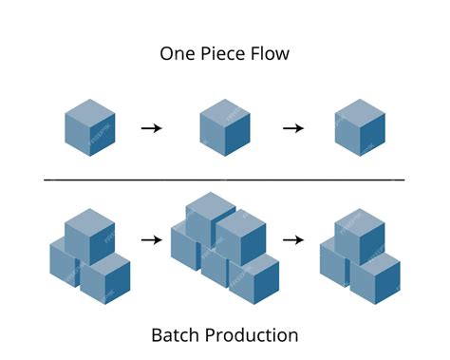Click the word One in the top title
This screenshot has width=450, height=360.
tap(178, 54)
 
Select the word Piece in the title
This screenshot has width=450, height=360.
tap(225, 54)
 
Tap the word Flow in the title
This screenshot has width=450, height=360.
tap(271, 54)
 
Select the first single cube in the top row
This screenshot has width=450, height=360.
tap(90, 129)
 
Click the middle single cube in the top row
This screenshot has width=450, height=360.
tap(225, 129)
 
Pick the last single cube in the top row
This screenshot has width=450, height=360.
tap(361, 129)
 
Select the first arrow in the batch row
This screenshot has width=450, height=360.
tap(151, 240)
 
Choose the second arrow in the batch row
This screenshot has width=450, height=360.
tap(294, 240)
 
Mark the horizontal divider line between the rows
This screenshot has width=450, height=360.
tap(225, 179)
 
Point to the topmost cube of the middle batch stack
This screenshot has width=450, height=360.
tap(211, 215)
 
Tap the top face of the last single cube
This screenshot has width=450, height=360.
tap(361, 110)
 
